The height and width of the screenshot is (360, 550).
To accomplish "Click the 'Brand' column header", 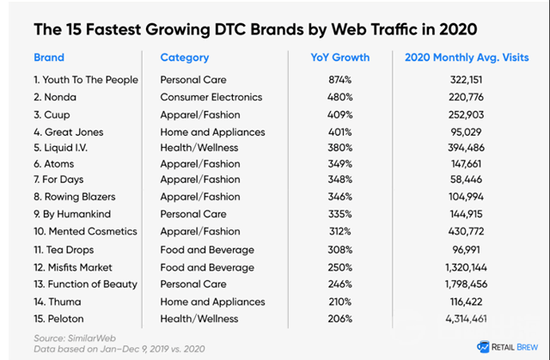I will point(48,58).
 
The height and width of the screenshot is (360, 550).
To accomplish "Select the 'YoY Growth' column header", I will point(339,58).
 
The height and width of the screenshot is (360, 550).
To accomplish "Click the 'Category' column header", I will point(184,58).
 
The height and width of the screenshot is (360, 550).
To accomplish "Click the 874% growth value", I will point(339,80).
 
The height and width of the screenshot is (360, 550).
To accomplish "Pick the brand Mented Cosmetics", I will point(85,232).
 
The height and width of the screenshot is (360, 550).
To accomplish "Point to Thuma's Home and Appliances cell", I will point(212,301).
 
